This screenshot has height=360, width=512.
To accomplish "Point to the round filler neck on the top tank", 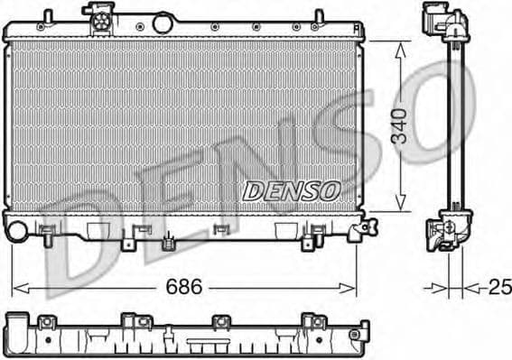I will click(163, 22).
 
